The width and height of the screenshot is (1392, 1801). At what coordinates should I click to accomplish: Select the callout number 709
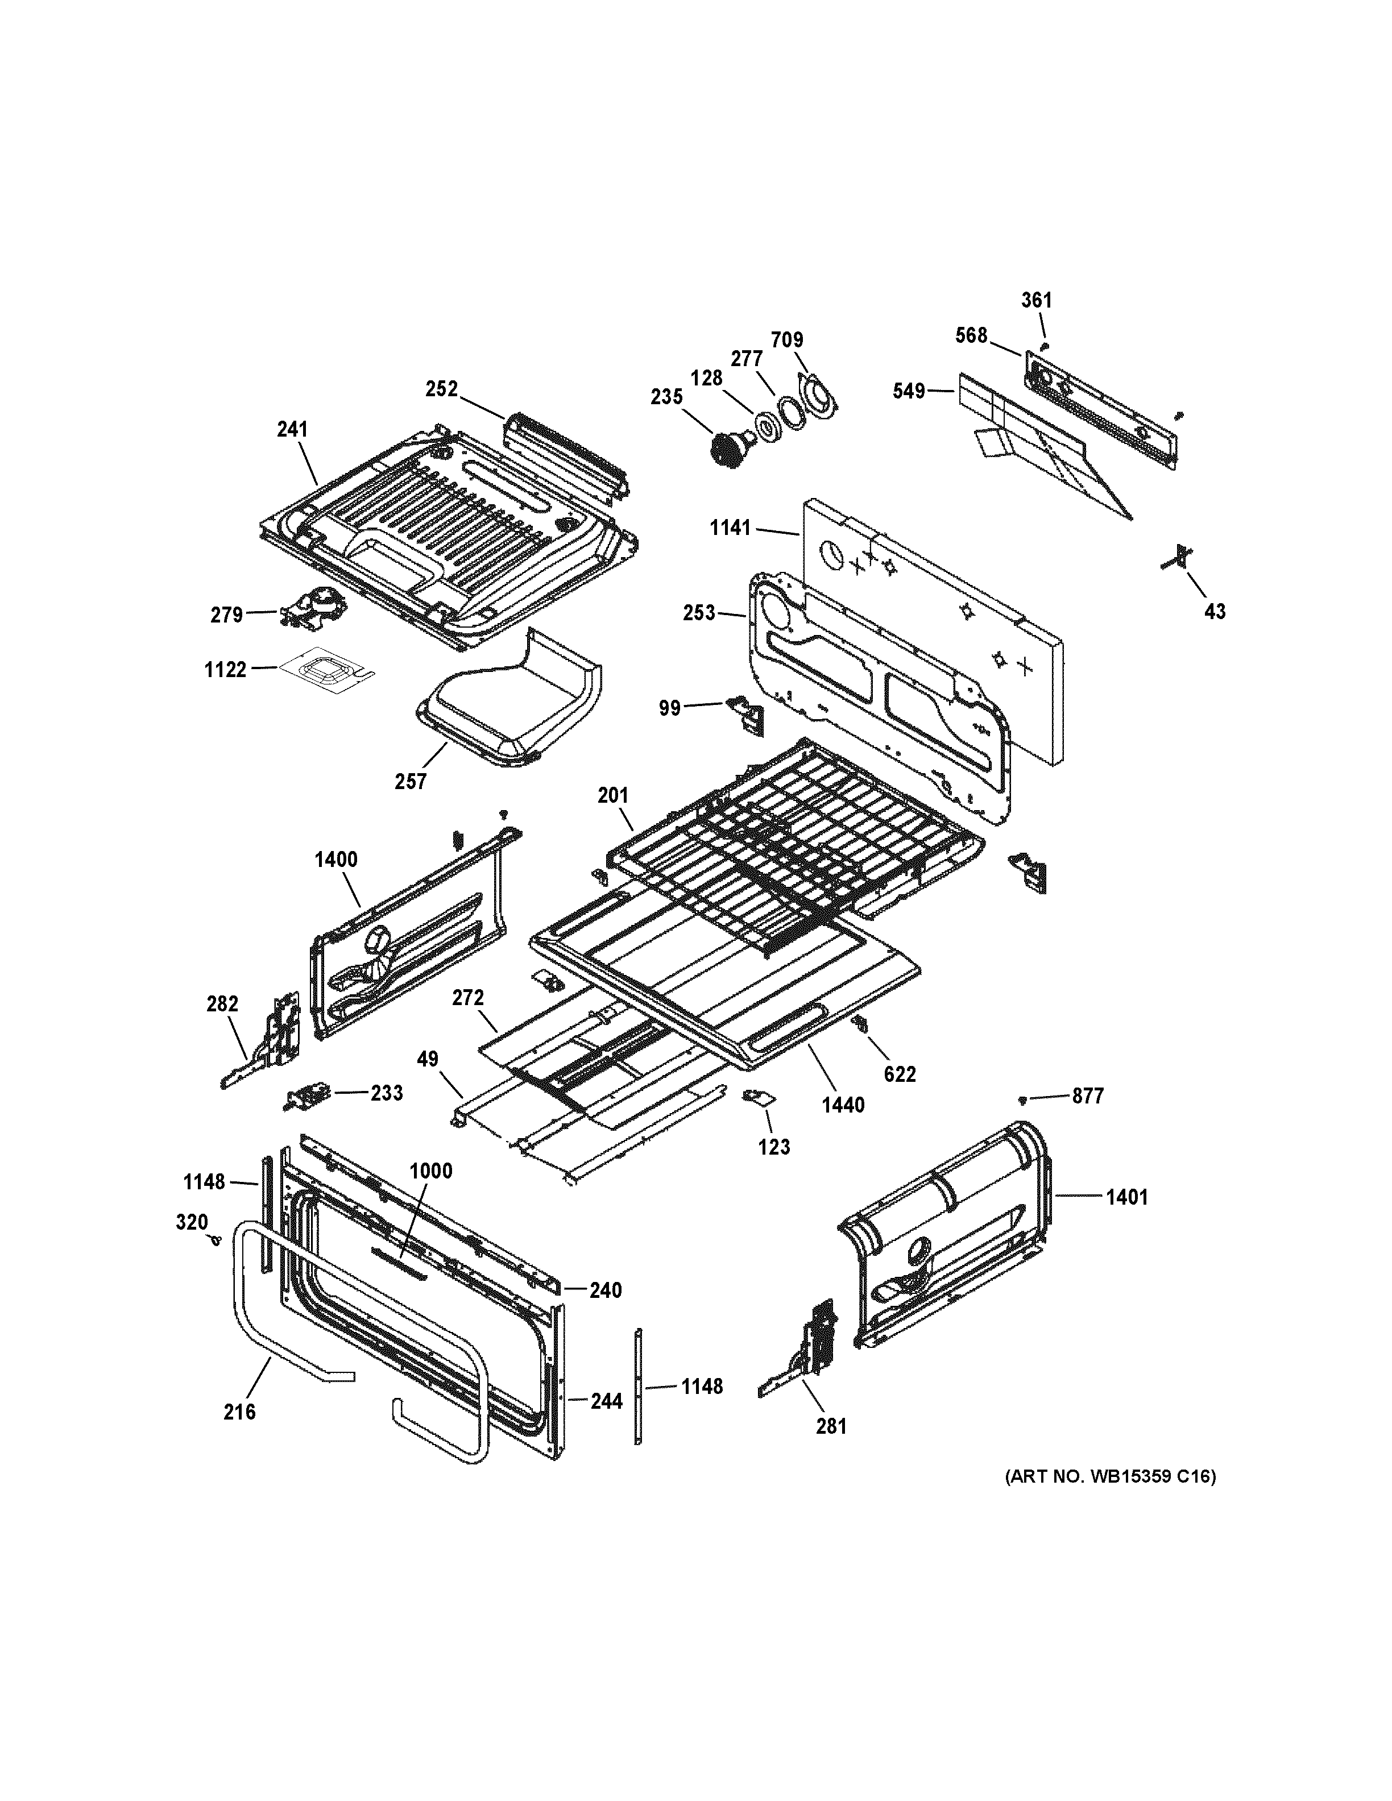787,340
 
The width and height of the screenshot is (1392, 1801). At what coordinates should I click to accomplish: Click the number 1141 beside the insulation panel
731,527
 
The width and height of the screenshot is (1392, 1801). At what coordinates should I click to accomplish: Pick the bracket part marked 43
1181,558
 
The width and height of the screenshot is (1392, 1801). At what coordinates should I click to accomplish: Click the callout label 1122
226,670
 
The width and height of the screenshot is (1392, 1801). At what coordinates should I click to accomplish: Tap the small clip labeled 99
746,711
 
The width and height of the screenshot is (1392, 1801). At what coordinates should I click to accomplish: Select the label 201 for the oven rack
613,796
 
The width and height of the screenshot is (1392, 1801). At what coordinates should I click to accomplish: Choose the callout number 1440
843,1105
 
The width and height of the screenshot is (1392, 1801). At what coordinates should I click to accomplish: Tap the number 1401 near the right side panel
1126,1197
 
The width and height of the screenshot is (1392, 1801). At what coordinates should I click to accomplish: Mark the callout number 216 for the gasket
239,1412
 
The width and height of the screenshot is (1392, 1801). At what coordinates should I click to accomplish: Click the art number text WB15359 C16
1109,1477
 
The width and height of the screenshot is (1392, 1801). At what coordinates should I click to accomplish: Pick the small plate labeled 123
756,1097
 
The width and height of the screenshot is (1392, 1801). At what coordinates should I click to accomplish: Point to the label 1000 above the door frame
431,1171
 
